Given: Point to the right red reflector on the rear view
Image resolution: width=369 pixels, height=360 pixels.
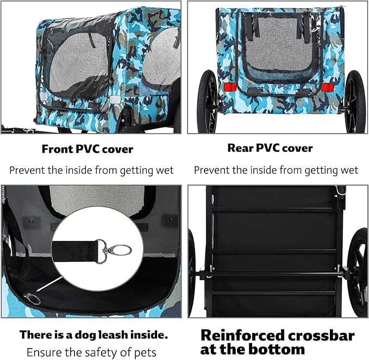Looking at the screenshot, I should pyautogui.click(x=327, y=87).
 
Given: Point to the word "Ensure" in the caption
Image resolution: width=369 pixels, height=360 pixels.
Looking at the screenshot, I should pyautogui.click(x=43, y=351).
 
